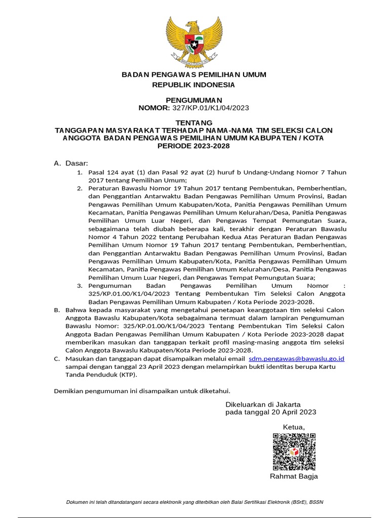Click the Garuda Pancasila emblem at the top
194,40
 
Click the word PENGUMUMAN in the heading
194,100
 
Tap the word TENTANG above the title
194,123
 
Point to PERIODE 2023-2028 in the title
194,146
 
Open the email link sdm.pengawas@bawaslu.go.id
297,358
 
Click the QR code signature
294,452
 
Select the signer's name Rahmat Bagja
294,477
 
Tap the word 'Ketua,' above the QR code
294,427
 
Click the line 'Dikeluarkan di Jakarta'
263,404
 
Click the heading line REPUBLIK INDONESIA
194,84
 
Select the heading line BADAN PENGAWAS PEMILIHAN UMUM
194,75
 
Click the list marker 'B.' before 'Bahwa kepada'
57,310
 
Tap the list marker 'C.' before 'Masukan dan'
57,358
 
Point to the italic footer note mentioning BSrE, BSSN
194,502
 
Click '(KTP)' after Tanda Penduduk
128,375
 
